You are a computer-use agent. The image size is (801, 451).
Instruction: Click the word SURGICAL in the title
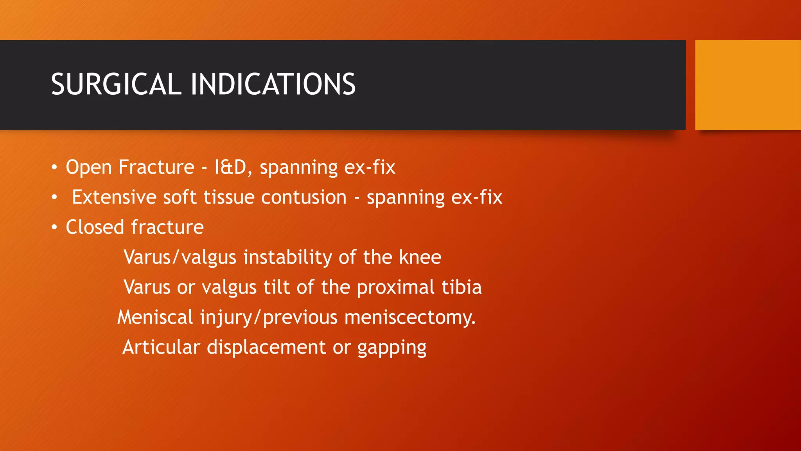116,85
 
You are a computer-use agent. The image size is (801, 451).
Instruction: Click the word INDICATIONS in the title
273,85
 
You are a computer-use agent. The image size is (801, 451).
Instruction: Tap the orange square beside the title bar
747,85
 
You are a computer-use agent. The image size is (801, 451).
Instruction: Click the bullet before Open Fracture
54,168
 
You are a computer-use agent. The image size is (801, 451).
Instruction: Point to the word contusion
304,197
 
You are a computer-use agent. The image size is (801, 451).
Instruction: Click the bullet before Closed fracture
54,227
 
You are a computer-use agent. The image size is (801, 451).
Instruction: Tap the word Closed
95,227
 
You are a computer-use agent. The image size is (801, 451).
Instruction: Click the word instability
287,257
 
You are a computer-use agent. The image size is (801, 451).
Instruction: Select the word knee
420,257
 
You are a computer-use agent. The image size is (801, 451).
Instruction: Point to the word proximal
395,288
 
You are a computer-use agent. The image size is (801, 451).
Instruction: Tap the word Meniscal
155,317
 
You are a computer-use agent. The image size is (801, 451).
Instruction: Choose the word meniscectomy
409,317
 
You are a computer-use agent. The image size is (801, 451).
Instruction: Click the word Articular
161,347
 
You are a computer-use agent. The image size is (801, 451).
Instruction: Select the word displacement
266,347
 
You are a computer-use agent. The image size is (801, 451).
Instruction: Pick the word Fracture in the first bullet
156,167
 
